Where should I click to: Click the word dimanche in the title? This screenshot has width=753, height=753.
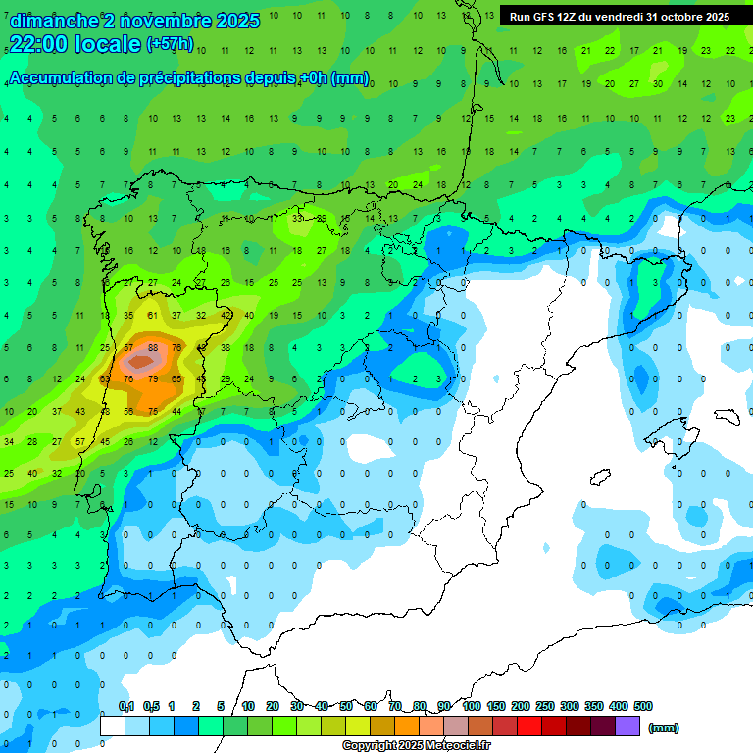(54, 21)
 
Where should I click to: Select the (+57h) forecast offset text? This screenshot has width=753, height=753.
(170, 44)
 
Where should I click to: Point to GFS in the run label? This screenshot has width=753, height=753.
(548, 17)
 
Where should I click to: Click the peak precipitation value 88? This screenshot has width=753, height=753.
(153, 347)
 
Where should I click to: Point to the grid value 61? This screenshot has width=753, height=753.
(152, 316)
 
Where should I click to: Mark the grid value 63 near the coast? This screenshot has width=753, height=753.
(105, 378)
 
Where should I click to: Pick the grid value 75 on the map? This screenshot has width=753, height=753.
(153, 411)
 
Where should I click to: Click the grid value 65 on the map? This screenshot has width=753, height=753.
(176, 378)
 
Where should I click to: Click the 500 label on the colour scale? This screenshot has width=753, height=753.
(643, 706)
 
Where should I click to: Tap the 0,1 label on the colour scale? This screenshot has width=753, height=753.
(126, 706)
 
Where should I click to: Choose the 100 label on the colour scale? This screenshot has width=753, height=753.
(471, 706)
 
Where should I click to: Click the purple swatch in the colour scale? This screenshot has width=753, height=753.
(627, 726)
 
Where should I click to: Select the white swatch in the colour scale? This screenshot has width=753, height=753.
(113, 726)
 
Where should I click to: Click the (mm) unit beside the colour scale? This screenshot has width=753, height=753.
(664, 728)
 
